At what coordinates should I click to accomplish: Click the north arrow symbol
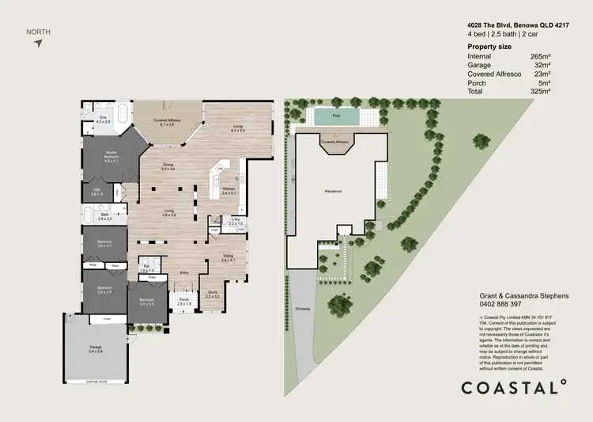pos(37,42)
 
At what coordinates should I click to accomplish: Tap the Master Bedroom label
pos(110,156)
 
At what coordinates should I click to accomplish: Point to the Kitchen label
pos(229,189)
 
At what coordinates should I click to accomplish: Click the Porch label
pos(183,301)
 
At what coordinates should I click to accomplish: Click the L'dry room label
pos(235,222)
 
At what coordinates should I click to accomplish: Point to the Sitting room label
pos(228,257)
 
